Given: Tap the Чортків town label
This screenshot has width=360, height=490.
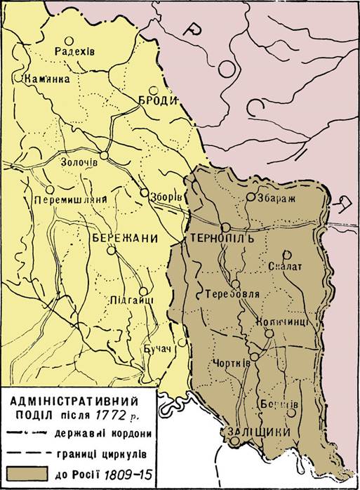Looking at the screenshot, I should coord(228,363).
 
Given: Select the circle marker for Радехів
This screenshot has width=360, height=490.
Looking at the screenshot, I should coord(68,41).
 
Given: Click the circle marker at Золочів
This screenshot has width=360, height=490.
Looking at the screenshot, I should coord(104,156).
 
